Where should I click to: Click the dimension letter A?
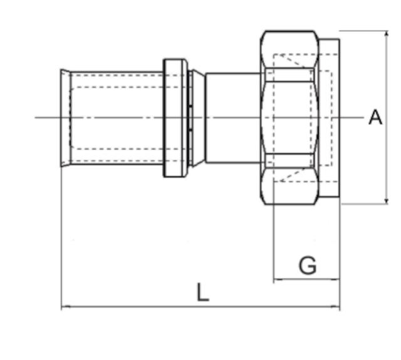click(375, 117)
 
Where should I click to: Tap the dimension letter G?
click(307, 265)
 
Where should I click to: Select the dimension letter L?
click(202, 292)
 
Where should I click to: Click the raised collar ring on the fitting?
click(175, 117)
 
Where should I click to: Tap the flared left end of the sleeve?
click(65, 117)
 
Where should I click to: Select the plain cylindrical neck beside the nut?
click(232, 117)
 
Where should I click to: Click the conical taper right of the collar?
click(198, 117)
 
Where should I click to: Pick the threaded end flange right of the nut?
click(330, 117)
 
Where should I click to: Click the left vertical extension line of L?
click(61, 238)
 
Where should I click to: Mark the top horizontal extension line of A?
click(363, 31)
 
